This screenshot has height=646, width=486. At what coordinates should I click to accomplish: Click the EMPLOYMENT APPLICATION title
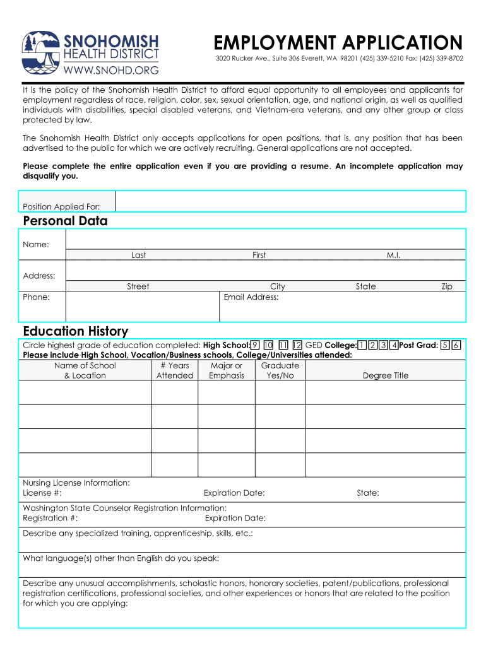pos(338,43)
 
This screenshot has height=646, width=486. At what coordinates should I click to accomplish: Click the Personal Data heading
pos(65,221)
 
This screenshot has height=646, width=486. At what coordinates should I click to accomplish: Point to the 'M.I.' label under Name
pos(393,255)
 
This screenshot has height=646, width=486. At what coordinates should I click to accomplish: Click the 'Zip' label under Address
pos(446,286)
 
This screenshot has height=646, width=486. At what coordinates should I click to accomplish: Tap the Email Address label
pos(251,297)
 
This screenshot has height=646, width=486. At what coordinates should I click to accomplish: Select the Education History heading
pos(75,331)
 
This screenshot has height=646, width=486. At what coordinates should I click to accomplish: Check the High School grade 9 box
pos(255,345)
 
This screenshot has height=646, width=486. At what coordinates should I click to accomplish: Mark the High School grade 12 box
pos(297,345)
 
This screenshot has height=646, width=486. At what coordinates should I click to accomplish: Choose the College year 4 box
pos(394,345)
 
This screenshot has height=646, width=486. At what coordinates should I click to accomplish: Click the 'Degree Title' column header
pos(385,375)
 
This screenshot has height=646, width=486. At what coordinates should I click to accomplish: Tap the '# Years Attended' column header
pos(175,370)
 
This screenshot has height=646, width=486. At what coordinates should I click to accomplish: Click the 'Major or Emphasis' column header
pos(227,370)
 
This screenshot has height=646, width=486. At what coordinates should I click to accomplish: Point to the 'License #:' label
pos(42,493)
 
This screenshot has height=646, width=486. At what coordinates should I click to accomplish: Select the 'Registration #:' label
pos(50,518)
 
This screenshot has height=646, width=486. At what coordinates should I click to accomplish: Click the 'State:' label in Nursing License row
pos(367,493)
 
